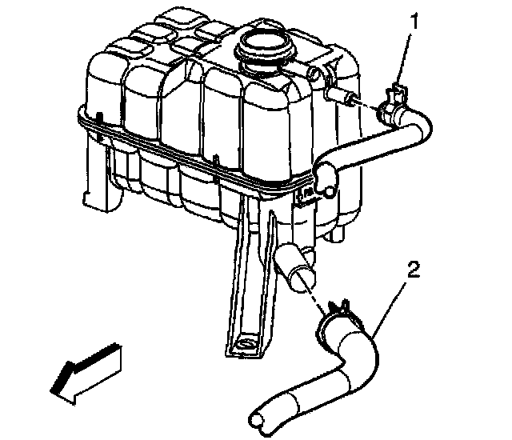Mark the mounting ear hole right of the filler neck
pos(314,75)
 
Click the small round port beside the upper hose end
pos(328,191)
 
